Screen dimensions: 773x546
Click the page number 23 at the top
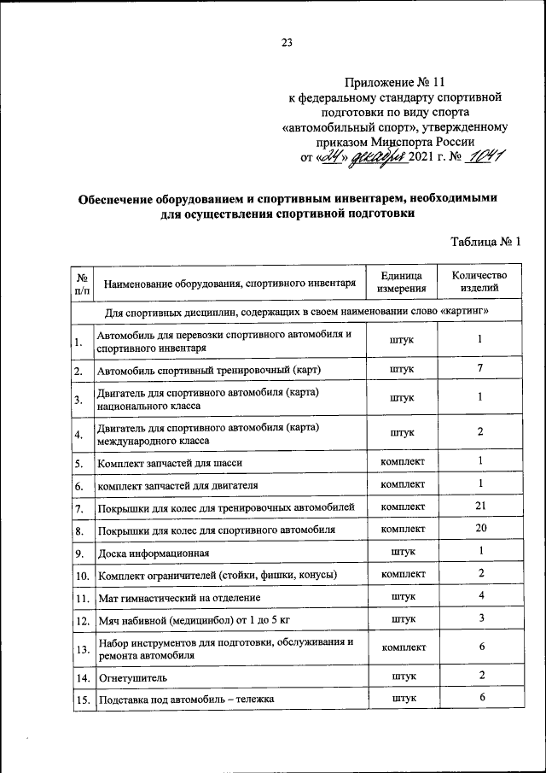click(x=287, y=43)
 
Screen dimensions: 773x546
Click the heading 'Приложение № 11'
click(x=398, y=82)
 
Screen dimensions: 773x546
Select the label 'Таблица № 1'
click(x=485, y=242)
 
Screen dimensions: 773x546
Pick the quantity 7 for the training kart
click(x=480, y=368)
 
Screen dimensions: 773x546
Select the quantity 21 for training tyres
click(x=480, y=507)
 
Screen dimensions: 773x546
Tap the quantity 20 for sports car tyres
click(x=480, y=529)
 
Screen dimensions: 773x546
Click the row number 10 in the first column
click(x=82, y=574)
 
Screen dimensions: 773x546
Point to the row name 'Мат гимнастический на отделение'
click(x=179, y=597)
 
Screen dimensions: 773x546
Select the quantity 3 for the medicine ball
click(x=480, y=618)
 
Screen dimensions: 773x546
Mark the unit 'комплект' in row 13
click(x=402, y=647)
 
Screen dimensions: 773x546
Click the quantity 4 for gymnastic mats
click(x=480, y=595)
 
